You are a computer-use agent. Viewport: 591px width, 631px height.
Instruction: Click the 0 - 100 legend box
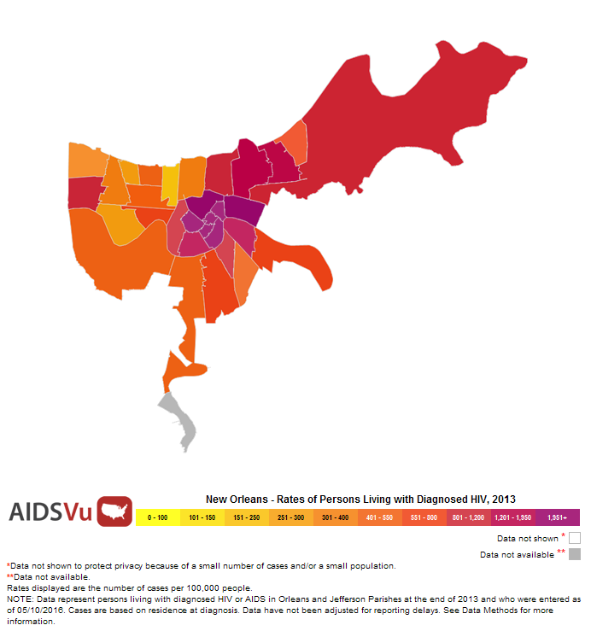click(x=158, y=517)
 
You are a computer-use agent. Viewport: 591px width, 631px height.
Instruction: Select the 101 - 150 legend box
click(x=202, y=517)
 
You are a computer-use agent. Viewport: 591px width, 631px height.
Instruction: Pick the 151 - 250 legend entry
click(x=247, y=517)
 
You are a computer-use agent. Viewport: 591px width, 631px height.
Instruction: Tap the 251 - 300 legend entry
click(x=291, y=517)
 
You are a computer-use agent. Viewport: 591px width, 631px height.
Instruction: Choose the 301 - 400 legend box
click(x=336, y=517)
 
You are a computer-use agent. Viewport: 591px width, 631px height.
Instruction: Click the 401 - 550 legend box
click(x=380, y=517)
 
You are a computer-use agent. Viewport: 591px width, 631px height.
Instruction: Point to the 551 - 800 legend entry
click(x=424, y=517)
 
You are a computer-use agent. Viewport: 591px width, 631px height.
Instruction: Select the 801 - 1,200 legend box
click(x=469, y=517)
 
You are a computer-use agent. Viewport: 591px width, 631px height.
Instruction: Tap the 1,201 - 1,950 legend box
click(x=513, y=517)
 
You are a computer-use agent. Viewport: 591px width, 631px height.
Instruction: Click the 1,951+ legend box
click(x=558, y=517)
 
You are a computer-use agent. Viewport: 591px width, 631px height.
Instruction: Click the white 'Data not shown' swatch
click(x=575, y=538)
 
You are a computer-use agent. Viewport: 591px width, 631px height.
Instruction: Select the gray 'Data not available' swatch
click(x=575, y=554)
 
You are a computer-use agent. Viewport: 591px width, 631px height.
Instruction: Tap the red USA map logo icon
click(x=114, y=511)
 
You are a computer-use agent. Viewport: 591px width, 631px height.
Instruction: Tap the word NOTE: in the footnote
click(x=20, y=599)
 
